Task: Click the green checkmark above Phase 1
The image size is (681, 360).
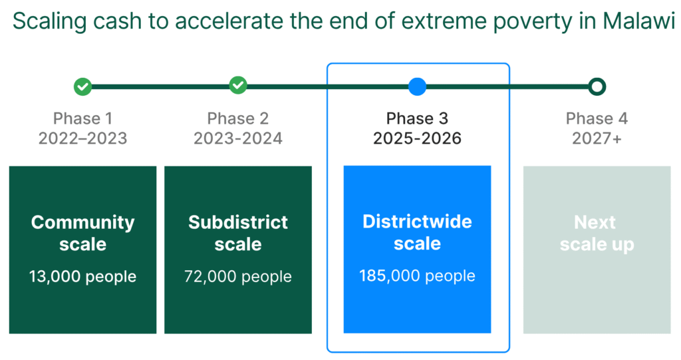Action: (82, 87)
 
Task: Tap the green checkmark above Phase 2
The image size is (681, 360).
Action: (238, 85)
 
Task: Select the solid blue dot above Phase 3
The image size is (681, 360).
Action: (418, 87)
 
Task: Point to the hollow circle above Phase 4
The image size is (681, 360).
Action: (597, 87)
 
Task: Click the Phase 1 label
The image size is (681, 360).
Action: (82, 118)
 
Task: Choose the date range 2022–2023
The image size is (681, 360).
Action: (82, 138)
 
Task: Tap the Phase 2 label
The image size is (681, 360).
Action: (238, 118)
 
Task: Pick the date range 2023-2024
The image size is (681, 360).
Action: (238, 138)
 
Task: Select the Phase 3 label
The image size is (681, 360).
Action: (418, 118)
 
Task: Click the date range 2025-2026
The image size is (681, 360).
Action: (418, 138)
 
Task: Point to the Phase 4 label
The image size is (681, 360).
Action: (597, 118)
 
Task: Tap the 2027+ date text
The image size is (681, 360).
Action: (597, 138)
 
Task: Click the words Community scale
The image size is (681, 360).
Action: (82, 233)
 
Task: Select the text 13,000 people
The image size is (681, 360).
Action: (82, 277)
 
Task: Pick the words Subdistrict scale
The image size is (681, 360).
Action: (238, 233)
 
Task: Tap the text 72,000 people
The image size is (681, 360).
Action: (238, 277)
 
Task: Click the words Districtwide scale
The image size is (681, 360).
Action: (418, 232)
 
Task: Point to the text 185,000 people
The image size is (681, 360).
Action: (418, 275)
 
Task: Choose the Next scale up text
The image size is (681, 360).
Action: (597, 233)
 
